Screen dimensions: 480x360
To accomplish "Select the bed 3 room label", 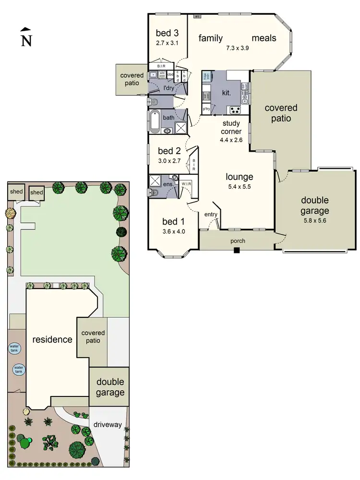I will click(167, 33).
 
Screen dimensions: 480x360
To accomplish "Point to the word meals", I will click(264, 38).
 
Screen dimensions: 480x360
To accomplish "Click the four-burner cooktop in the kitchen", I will click(235, 110).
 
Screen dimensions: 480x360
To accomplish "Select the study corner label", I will click(231, 127).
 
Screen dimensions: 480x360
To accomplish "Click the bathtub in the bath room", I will click(155, 122).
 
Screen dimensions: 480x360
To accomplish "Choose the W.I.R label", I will click(186, 183).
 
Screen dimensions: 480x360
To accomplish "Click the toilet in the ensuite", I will click(154, 193).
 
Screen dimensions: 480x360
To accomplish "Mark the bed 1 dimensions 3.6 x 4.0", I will click(173, 231).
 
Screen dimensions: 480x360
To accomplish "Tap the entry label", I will click(211, 214).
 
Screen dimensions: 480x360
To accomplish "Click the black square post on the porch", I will click(236, 250).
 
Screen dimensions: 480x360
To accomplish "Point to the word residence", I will click(52, 339).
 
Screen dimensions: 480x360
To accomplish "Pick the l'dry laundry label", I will click(168, 88).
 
